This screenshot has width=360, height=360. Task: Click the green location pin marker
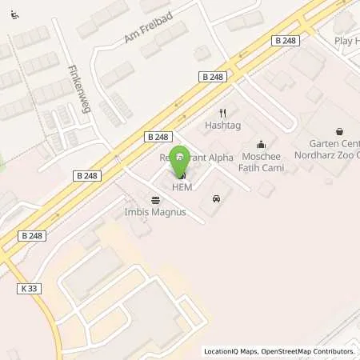(x=181, y=157)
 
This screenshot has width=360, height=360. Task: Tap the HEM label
(x=182, y=186)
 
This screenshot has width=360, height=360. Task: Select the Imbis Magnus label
(x=154, y=213)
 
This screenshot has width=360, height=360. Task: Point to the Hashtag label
(x=222, y=126)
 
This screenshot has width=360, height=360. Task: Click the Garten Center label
(x=329, y=144)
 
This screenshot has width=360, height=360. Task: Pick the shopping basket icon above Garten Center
(x=339, y=130)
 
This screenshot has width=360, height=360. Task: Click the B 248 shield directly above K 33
(x=32, y=236)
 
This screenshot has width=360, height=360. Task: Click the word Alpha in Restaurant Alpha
(x=218, y=158)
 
